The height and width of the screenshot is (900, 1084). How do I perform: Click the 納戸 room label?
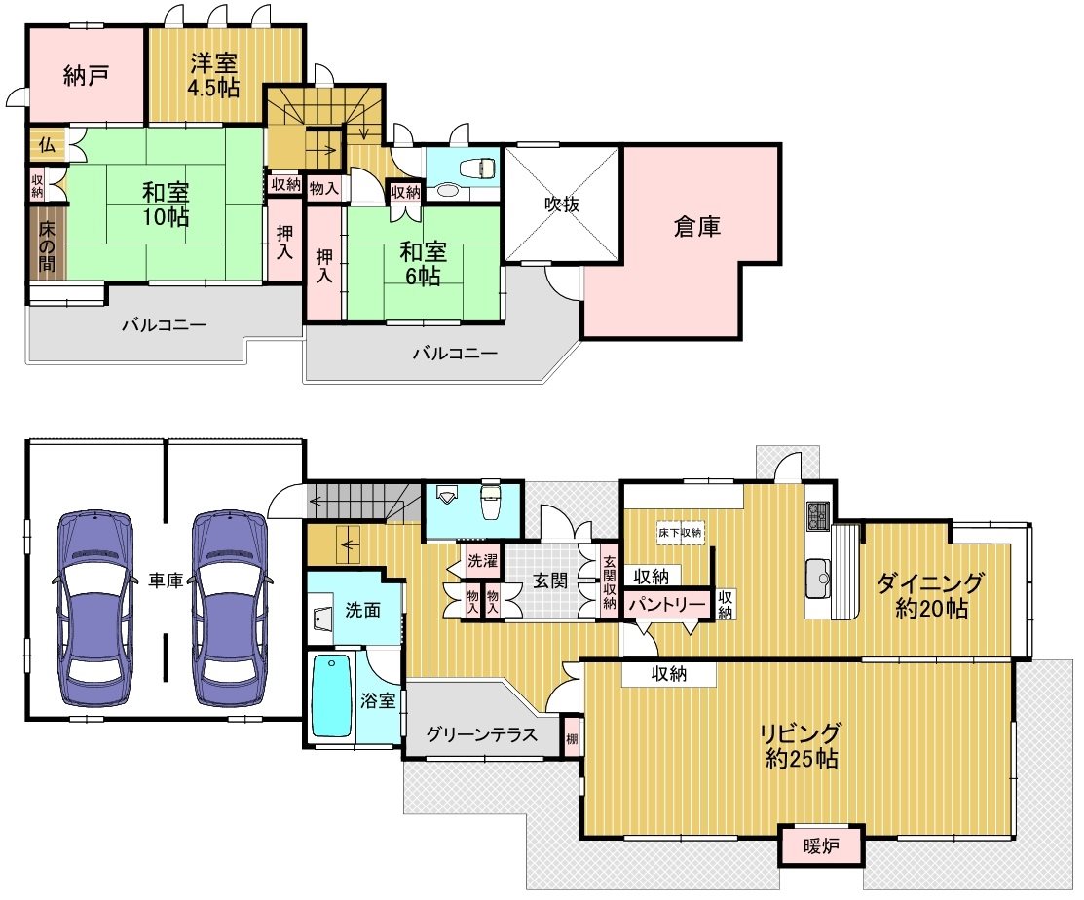tap(85, 75)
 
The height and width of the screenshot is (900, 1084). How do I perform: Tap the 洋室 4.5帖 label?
tap(214, 75)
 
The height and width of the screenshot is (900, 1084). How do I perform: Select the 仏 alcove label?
tap(47, 144)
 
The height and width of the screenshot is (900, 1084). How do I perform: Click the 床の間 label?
tap(47, 246)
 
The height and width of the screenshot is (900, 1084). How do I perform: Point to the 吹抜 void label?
tap(561, 205)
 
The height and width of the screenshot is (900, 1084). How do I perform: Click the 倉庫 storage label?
tap(697, 226)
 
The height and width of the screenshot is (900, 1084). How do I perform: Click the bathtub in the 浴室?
tap(333, 696)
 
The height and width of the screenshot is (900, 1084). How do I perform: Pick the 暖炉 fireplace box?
tap(822, 845)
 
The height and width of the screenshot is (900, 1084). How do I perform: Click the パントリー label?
tap(667, 605)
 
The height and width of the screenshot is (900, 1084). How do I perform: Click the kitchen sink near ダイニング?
tap(818, 578)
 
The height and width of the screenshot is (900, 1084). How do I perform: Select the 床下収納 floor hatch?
tap(680, 532)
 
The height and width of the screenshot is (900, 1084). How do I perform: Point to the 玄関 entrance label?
tap(550, 581)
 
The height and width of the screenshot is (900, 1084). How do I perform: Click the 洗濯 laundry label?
tap(482, 561)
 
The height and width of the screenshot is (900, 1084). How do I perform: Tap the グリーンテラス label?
tap(482, 734)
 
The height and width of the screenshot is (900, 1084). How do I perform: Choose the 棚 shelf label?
tap(572, 739)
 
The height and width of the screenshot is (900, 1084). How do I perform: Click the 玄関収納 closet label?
tap(609, 582)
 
